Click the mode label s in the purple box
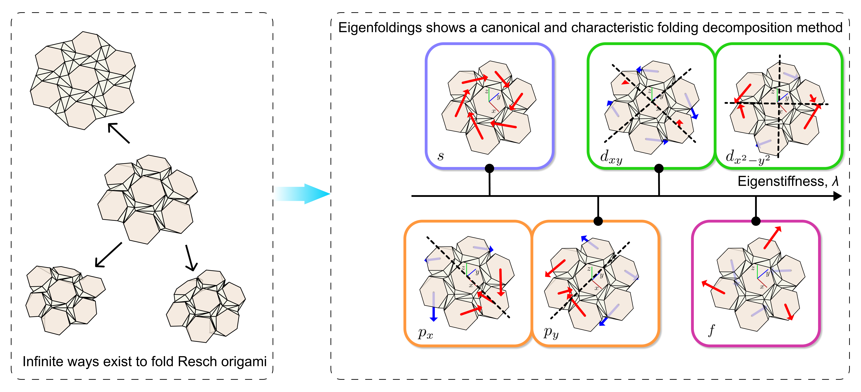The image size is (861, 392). [440, 156]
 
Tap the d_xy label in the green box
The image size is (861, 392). [611, 157]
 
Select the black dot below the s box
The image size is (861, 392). [489, 168]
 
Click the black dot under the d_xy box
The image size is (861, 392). [659, 168]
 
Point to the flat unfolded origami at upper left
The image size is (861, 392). [83, 80]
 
